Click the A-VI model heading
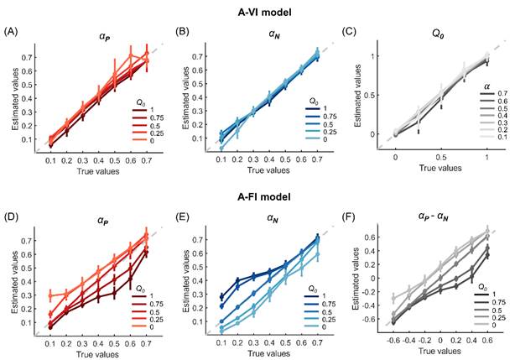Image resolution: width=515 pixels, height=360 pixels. point(257,12)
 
